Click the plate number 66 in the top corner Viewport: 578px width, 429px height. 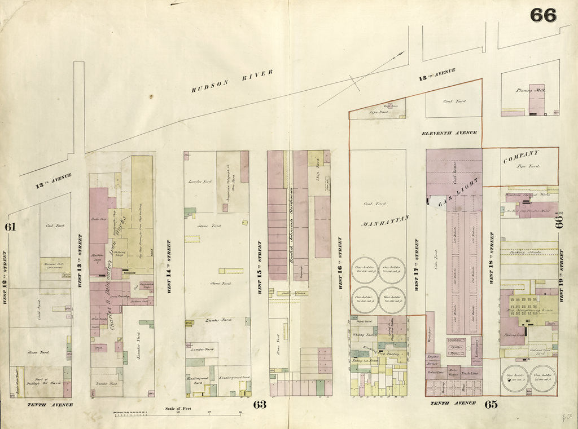(543, 15)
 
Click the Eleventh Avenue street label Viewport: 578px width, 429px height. (450, 132)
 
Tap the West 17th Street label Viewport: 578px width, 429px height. (417, 264)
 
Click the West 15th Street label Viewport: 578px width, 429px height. (260, 267)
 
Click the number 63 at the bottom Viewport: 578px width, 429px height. (259, 404)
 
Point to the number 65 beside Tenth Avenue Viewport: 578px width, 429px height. (491, 404)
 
